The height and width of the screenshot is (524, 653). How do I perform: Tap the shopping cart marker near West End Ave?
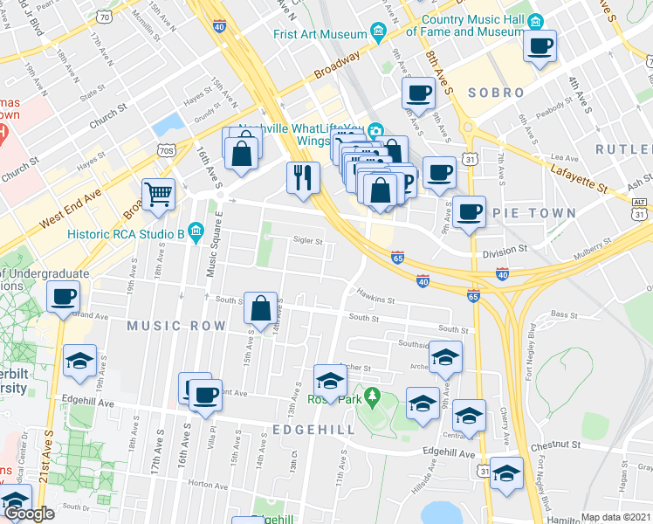158,196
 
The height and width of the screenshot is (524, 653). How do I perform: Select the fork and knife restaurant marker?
303,178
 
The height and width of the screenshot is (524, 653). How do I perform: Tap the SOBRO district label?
496,93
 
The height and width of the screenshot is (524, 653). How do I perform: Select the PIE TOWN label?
543,213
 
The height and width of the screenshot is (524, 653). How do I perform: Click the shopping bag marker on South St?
261,308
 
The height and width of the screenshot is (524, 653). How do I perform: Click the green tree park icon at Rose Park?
373,396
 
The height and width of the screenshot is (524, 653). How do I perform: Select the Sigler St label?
308,241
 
